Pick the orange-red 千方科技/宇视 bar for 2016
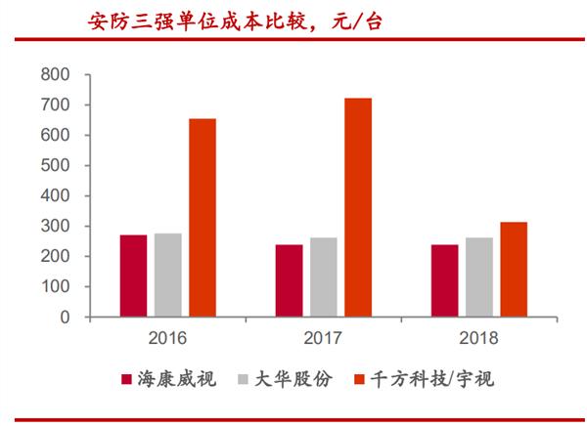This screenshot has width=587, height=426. click(203, 218)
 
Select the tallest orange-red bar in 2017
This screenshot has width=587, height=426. click(358, 207)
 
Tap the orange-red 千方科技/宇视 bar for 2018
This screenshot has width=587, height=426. click(514, 269)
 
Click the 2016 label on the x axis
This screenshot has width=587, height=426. click(167, 338)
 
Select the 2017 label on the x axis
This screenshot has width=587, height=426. click(323, 338)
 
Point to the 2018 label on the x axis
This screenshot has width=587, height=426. click(479, 338)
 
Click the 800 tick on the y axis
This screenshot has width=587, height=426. click(56, 75)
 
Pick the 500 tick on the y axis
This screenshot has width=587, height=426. click(56, 166)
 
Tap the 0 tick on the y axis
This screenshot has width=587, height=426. click(65, 318)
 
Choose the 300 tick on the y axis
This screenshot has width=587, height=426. click(56, 227)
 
